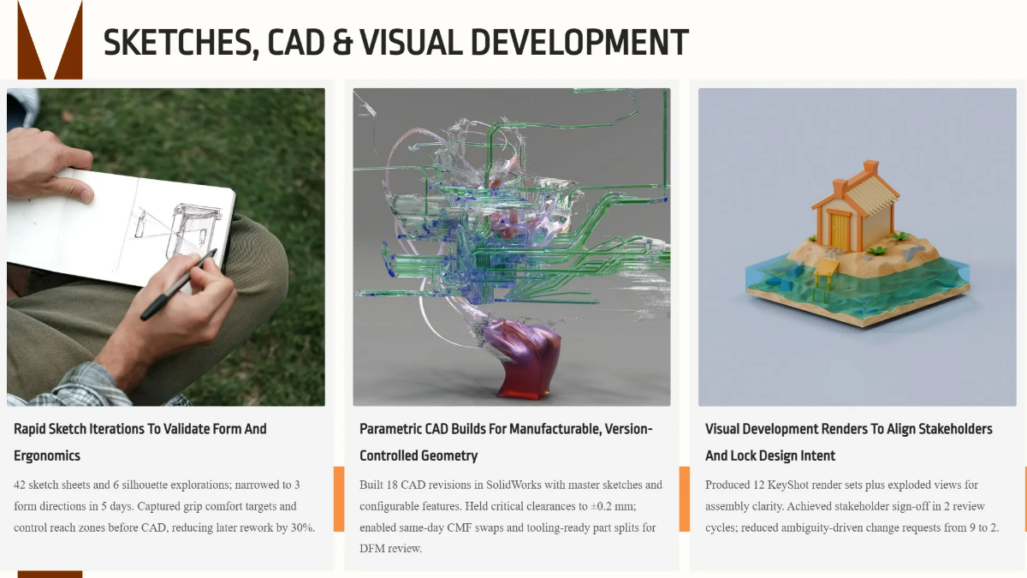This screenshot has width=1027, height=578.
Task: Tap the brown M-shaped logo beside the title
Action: tap(50, 39)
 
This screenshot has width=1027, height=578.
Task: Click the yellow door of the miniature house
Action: tap(840, 231)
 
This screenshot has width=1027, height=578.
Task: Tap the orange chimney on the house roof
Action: tap(870, 169)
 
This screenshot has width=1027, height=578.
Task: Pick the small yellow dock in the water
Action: tap(827, 272)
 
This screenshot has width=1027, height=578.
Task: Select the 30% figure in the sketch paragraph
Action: tap(300, 527)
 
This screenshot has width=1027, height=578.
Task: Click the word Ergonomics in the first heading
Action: tap(47, 456)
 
